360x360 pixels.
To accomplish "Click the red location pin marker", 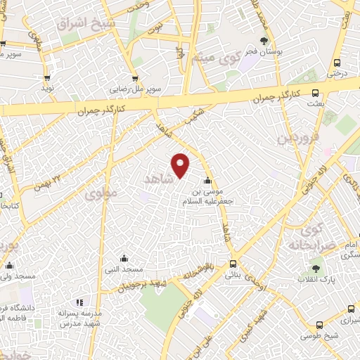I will [181, 165].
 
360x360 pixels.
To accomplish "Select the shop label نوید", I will [47, 89].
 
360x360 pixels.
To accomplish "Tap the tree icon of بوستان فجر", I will [264, 41].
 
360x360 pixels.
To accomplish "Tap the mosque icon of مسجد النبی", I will [124, 258].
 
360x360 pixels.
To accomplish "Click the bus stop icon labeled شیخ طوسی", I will [320, 325].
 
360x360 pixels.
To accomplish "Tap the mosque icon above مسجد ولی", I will [10, 266].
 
